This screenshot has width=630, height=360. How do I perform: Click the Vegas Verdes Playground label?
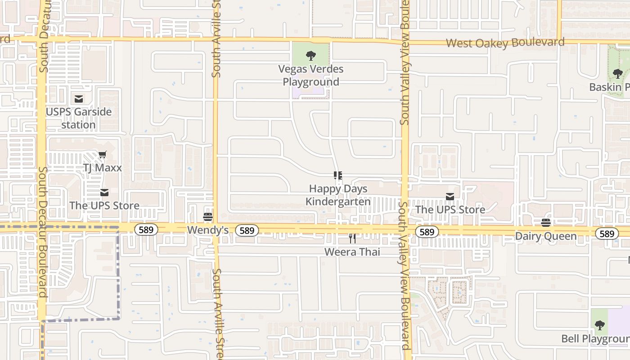pos(310,76)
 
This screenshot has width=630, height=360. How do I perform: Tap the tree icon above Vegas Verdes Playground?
pos(310,56)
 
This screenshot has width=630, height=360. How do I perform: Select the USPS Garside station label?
pos(79,118)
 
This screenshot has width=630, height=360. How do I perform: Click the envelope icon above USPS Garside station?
pos(79,99)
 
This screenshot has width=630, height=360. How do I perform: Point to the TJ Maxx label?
pos(103,168)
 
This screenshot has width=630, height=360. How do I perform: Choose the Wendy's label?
pos(208,230)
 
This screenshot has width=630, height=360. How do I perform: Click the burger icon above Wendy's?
pos(208,217)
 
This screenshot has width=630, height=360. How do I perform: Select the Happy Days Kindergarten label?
pos(338,195)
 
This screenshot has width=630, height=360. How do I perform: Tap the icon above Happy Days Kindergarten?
pos(338,175)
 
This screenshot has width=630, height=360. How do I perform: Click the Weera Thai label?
pos(352,252)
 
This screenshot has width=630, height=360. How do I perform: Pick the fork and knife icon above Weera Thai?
pos(352,238)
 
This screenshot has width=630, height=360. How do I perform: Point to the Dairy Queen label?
pos(546,236)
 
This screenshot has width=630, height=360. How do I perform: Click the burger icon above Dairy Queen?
pos(546,223)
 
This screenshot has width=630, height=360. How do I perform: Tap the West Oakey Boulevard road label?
pos(505,43)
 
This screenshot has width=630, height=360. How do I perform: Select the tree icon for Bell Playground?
pos(599,325)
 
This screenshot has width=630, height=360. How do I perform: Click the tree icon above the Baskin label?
pos(618,73)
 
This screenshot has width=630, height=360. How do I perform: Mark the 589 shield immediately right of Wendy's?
pos(247,231)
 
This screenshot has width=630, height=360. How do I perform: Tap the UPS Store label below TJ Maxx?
pos(104,206)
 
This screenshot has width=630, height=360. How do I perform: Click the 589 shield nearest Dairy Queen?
pos(607,234)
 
